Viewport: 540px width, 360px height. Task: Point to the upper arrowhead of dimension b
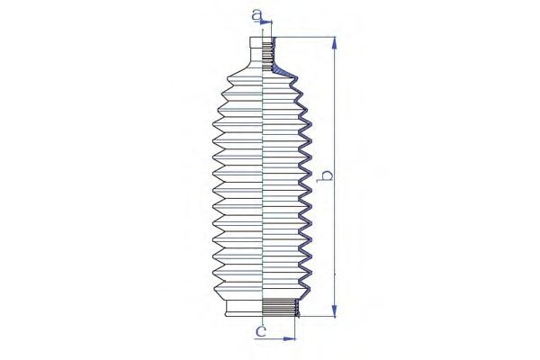coord(335,41)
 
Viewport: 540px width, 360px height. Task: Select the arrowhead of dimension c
coord(292,339)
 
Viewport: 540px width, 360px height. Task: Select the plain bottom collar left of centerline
coord(243,308)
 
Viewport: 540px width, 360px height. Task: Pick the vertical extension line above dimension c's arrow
coord(297,326)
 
